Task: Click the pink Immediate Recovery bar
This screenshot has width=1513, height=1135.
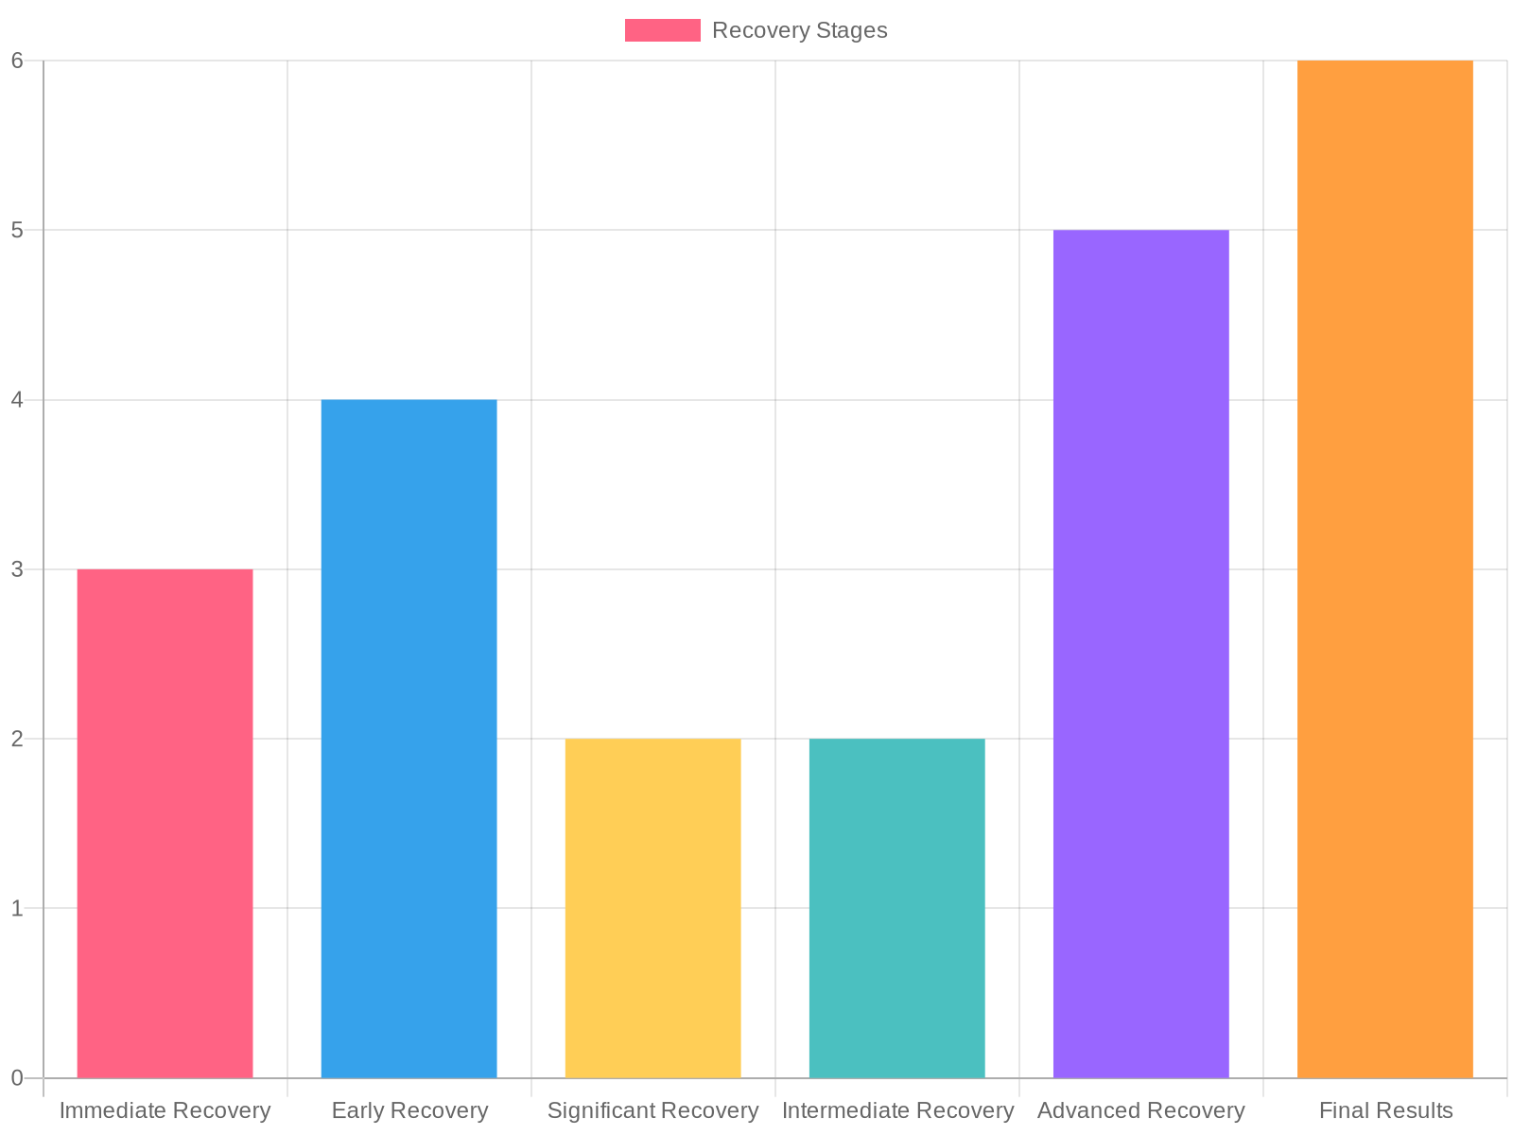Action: coord(165,823)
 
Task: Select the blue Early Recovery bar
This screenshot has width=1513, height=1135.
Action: coord(409,738)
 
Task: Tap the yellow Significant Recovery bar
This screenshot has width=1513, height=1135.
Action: coord(652,908)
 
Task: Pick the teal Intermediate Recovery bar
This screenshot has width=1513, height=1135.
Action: coord(896,908)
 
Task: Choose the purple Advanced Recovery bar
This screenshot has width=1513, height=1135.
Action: coord(1140,653)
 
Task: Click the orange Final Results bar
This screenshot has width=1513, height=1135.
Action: coord(1384,567)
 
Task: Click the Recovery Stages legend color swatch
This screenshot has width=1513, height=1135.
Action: coord(662,30)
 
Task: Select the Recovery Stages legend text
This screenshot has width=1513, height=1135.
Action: coord(799,30)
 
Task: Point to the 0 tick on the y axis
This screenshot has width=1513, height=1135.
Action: coord(17,1077)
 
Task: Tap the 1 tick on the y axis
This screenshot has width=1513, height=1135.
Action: coord(17,908)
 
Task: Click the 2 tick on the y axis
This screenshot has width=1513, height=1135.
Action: coord(17,739)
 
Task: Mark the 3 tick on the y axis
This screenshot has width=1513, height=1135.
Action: coord(17,569)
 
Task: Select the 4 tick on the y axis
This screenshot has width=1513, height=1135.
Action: coord(17,400)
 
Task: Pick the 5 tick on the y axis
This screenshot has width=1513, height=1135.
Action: coord(17,230)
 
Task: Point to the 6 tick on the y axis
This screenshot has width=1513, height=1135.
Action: coord(17,61)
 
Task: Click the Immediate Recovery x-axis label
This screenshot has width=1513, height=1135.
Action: coord(165,1110)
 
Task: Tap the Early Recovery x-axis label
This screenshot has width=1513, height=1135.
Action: coord(409,1110)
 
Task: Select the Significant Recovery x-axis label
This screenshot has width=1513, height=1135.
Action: coord(652,1110)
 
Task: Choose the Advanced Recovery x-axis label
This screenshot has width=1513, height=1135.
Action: coord(1140,1110)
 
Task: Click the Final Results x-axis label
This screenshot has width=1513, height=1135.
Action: coord(1385,1110)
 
